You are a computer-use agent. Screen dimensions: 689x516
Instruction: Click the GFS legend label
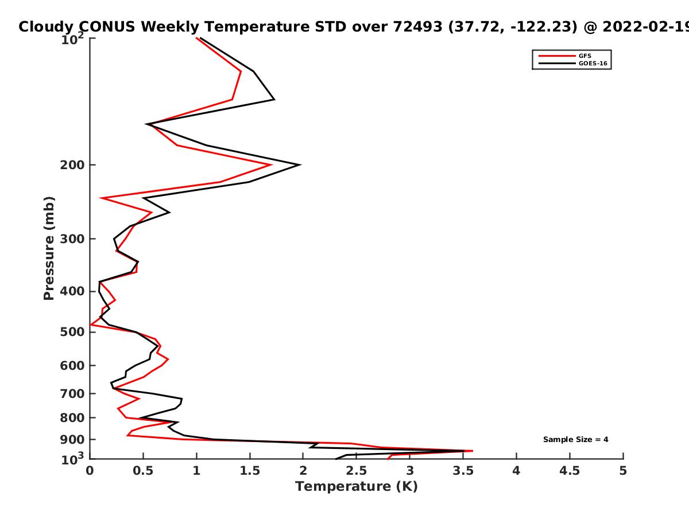coord(585,56)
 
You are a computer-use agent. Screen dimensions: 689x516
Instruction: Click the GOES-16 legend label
coord(593,64)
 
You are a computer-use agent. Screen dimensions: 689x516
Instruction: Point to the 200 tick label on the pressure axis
coord(72,165)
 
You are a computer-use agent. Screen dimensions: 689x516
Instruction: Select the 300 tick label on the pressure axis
coord(72,239)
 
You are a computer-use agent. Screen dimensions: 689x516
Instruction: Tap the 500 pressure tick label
coord(72,332)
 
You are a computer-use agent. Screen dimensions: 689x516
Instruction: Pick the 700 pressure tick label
coord(72,394)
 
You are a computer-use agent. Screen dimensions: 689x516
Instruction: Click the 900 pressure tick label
coord(72,440)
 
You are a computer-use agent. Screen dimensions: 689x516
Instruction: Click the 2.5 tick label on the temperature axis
coord(357,471)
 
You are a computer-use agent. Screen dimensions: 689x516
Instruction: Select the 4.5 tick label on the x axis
coord(570,471)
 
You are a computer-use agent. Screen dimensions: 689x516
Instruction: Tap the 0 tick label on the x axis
coord(90,471)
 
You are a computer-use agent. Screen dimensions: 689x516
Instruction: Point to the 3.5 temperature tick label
coord(463,471)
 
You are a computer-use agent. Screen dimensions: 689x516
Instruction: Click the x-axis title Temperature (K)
coord(357,487)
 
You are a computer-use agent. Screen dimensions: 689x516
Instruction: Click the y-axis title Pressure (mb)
coord(49,248)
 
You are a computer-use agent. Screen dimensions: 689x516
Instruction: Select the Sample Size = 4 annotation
coord(576,440)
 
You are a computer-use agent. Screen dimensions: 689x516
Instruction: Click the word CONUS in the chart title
coord(107,26)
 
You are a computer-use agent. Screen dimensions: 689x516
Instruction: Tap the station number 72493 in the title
coord(417,26)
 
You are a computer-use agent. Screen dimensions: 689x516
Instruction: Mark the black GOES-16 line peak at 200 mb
coord(301,165)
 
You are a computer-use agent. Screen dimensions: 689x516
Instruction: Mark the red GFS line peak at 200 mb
coord(272,165)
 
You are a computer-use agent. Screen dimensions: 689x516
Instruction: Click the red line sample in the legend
coord(557,56)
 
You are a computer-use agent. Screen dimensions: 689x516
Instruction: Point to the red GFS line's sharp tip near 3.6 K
coord(473,451)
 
